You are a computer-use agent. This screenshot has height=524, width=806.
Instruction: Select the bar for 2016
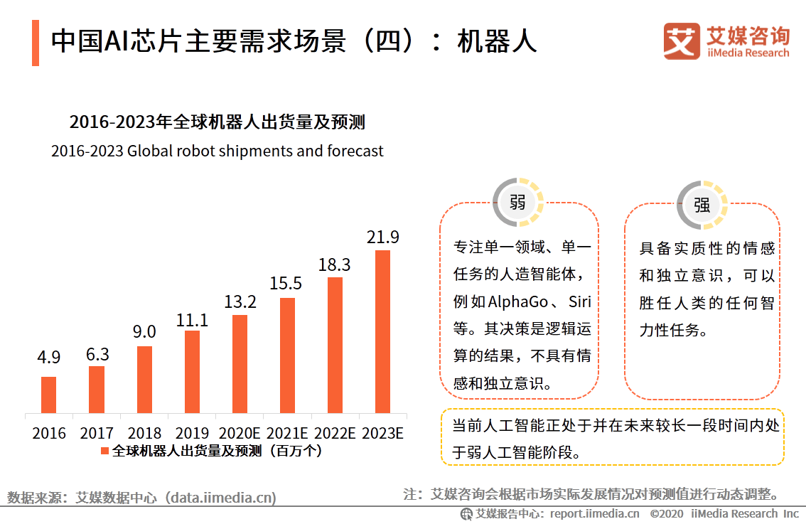click(48, 395)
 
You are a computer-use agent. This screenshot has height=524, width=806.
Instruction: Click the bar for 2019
click(192, 372)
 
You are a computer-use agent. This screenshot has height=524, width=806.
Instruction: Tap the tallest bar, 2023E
click(382, 331)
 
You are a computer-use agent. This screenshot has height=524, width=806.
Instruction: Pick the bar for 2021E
click(287, 355)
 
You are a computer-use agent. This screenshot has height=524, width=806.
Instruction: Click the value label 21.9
click(382, 237)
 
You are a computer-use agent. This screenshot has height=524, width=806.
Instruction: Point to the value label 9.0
click(144, 332)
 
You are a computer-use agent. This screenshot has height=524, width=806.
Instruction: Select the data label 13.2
click(240, 301)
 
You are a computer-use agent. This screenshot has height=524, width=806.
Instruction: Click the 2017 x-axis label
click(97, 433)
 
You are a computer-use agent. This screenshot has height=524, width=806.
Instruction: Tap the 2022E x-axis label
click(335, 433)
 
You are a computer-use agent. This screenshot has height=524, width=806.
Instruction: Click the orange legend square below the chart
click(104, 451)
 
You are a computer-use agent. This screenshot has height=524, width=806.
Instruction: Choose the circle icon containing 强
click(702, 205)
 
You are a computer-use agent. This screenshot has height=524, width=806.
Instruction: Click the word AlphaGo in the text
click(518, 301)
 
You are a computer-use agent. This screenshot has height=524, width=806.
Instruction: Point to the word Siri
click(579, 301)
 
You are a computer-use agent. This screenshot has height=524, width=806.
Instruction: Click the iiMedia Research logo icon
click(681, 41)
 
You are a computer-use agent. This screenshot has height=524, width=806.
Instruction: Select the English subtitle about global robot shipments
click(217, 151)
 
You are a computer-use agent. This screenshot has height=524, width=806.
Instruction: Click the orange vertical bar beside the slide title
click(36, 43)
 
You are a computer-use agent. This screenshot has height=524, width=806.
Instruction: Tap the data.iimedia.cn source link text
click(220, 498)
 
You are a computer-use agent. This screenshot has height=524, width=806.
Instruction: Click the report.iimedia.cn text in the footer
click(594, 513)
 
